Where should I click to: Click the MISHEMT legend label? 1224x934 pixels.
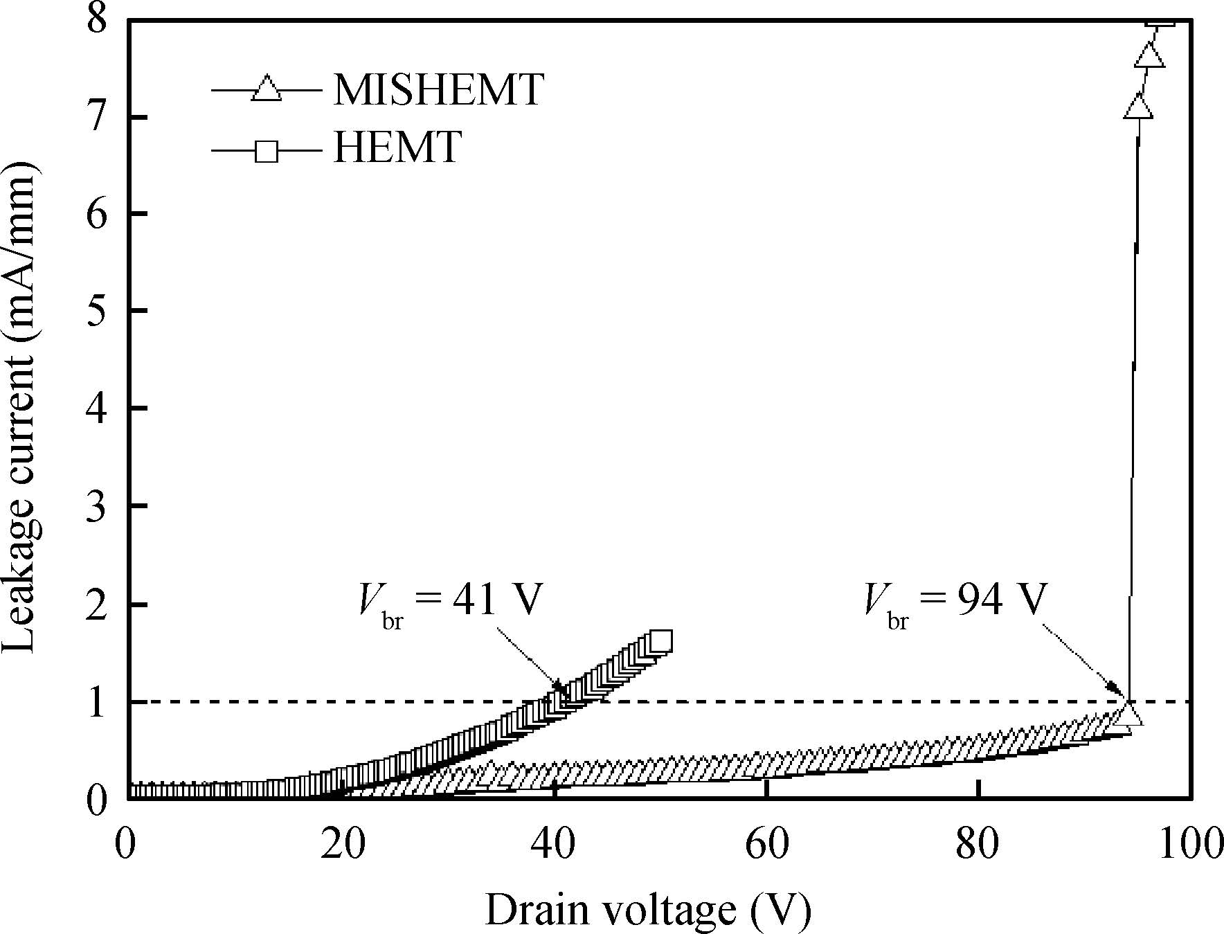pyautogui.click(x=438, y=90)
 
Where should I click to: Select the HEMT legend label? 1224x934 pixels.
pyautogui.click(x=397, y=147)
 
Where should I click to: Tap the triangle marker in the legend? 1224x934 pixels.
pyautogui.click(x=267, y=89)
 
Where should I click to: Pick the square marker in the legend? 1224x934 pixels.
pyautogui.click(x=267, y=150)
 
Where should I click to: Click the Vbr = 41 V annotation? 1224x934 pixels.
pyautogui.click(x=448, y=600)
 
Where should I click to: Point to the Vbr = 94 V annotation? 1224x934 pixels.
pyautogui.click(x=953, y=600)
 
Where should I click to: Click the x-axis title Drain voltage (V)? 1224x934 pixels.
pyautogui.click(x=647, y=910)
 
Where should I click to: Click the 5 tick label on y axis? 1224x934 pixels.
pyautogui.click(x=97, y=310)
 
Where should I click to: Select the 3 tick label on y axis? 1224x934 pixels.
pyautogui.click(x=97, y=506)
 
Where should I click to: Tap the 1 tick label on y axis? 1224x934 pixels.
pyautogui.click(x=97, y=702)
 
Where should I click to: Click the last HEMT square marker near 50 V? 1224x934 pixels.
pyautogui.click(x=660, y=641)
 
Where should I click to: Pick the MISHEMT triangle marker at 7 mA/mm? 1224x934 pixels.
pyautogui.click(x=1138, y=107)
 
